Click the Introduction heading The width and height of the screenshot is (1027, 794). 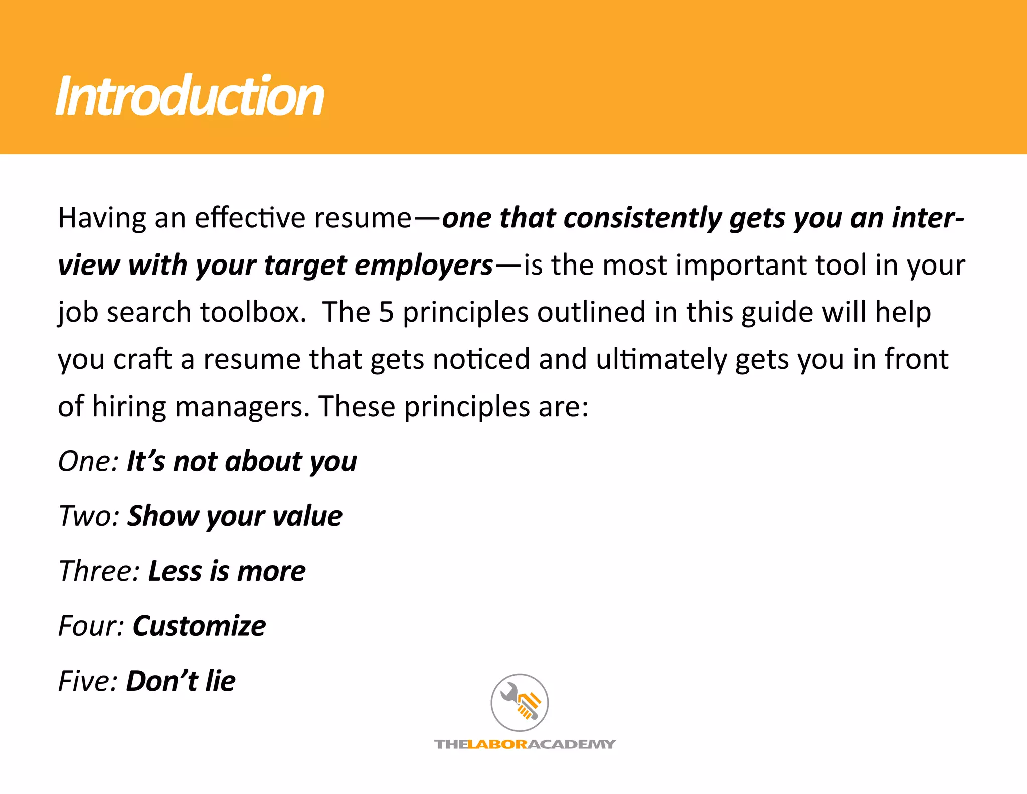click(x=190, y=96)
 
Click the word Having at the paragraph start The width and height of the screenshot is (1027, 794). click(x=101, y=218)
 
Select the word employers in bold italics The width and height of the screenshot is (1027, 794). click(x=424, y=266)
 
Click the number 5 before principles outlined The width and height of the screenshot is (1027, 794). click(x=386, y=312)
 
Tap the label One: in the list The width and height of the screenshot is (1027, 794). click(x=88, y=461)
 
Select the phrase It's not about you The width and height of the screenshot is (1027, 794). click(x=242, y=461)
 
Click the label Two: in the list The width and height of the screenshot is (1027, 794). click(x=89, y=516)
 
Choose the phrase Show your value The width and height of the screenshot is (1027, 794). click(x=235, y=516)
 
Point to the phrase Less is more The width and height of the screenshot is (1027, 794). click(x=227, y=571)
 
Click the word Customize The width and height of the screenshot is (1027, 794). click(x=199, y=626)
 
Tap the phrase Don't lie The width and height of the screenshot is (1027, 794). click(x=181, y=681)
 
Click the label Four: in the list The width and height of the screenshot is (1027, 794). click(x=91, y=626)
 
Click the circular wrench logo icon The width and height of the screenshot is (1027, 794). click(x=520, y=702)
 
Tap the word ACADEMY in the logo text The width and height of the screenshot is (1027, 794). click(x=572, y=744)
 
